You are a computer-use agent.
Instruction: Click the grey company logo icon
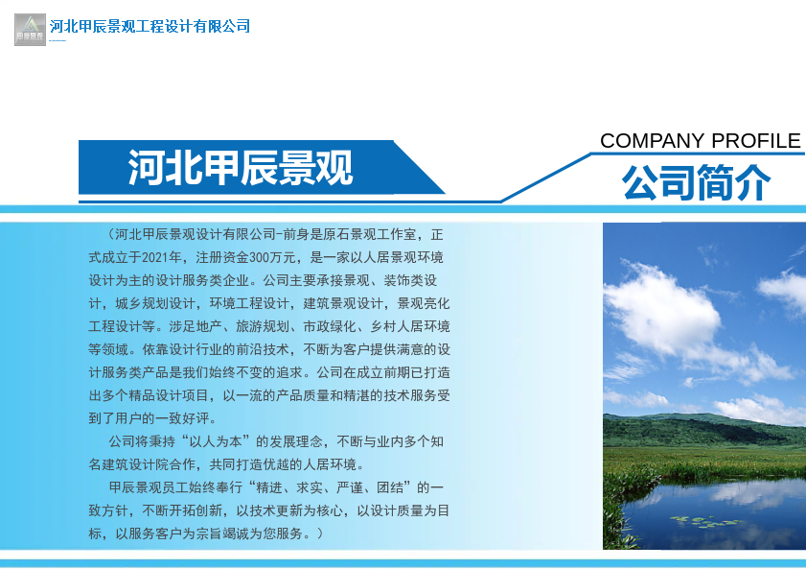coord(30,30)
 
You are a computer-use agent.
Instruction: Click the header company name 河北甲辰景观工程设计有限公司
coord(150,26)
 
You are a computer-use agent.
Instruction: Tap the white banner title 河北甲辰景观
coord(241,168)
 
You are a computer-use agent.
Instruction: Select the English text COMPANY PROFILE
coord(701,140)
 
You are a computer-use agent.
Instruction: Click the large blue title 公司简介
coord(697,182)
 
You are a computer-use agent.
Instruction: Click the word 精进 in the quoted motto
coord(269,487)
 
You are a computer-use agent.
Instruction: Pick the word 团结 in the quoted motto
coord(390,487)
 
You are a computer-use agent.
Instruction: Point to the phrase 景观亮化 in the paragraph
coord(424,303)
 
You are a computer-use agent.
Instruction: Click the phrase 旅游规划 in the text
coord(263,326)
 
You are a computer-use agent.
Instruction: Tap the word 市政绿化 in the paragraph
coord(330,326)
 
